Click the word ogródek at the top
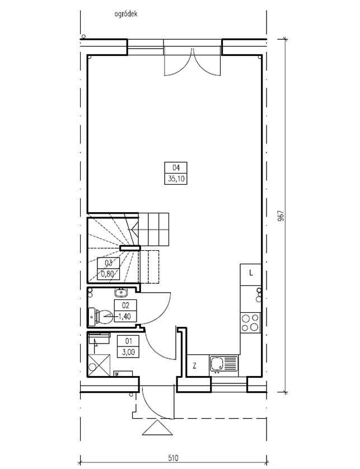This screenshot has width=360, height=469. [x=125, y=14]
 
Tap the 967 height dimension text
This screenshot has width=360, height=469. [x=280, y=215]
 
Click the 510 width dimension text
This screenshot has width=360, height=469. [x=173, y=458]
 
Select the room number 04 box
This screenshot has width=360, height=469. [x=176, y=167]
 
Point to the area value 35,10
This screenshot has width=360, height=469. [x=176, y=179]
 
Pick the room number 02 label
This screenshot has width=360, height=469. [x=125, y=306]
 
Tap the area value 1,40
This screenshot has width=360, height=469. [x=125, y=316]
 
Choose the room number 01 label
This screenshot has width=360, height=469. [x=128, y=341]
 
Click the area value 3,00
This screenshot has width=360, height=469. [x=128, y=352]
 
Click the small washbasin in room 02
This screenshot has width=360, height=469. [x=121, y=292]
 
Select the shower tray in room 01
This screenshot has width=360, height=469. [x=99, y=364]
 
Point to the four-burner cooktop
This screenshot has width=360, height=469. [x=250, y=322]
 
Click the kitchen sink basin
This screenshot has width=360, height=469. [x=217, y=364]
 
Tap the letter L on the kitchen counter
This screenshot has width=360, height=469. [x=251, y=273]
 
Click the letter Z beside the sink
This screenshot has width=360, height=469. [x=194, y=365]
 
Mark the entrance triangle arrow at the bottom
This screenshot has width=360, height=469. [x=157, y=428]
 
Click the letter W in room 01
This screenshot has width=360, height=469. [x=116, y=374]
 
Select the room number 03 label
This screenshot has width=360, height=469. [x=108, y=263]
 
